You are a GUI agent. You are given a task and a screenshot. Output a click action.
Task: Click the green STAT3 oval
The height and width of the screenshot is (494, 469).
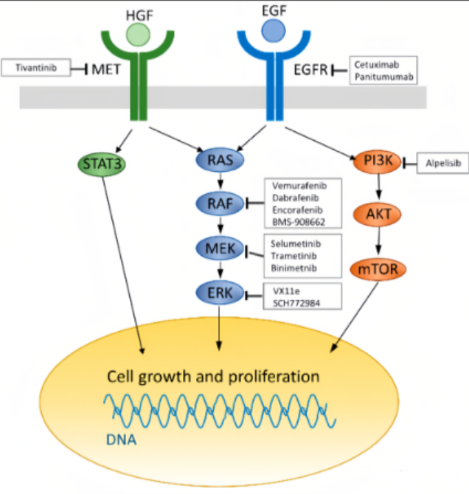coord(102,164)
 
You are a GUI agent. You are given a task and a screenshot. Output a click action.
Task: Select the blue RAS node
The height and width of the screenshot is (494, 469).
coord(220,160)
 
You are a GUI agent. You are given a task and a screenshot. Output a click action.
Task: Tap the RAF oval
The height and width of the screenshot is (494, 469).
coord(220,203)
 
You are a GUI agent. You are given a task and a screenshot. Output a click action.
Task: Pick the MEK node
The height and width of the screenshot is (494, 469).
coord(220,248)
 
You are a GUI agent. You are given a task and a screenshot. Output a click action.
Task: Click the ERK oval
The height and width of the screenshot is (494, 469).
coord(220,293)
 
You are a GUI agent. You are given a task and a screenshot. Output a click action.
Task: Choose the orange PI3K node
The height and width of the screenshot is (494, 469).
coord(378,161)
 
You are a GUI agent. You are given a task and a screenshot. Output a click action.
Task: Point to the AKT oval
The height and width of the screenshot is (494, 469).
coord(378,215)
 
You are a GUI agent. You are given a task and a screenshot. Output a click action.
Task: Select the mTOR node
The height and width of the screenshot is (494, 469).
coord(378,269)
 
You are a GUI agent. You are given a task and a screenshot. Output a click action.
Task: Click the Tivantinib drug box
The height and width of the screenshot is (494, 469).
coord(35,67)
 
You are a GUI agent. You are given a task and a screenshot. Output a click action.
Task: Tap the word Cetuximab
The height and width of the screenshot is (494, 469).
coord(377,65)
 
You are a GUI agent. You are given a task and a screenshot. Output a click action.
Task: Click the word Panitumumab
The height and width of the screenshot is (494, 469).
coord(384,77)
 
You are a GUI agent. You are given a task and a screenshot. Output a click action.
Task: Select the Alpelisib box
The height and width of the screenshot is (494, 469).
coord(443,163)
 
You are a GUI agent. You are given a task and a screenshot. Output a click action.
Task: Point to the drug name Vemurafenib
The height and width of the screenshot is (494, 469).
coord(299,186)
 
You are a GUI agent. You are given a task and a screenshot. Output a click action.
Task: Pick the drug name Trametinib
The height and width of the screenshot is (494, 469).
coord(293,256)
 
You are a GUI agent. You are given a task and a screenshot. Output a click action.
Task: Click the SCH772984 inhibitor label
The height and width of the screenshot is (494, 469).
coord(296,303)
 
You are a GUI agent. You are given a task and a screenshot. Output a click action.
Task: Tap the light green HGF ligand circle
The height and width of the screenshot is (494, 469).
coord(138,35)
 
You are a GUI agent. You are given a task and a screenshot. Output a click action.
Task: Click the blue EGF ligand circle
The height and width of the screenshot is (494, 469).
coord(274,30)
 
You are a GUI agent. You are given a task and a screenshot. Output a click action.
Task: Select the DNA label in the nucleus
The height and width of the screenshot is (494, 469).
coord(122,440)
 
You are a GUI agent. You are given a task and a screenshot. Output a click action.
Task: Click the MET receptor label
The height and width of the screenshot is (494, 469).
coord(106,69)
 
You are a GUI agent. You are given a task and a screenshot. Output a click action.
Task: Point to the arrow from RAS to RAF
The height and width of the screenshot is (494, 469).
coord(220,181)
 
